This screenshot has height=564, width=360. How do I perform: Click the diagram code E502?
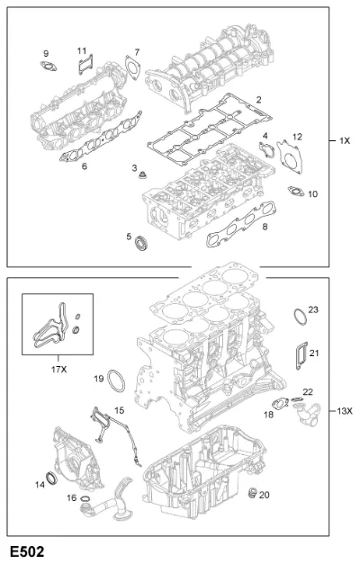(x=27, y=551)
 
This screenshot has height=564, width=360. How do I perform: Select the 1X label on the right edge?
(x=345, y=141)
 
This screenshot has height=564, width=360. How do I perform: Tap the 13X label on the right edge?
(x=345, y=410)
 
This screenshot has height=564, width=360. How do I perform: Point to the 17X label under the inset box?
(x=58, y=370)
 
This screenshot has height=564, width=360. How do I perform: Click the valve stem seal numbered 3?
(x=143, y=176)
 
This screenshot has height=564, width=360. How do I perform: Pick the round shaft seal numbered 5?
(x=140, y=243)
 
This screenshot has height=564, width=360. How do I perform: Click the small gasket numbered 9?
(x=49, y=67)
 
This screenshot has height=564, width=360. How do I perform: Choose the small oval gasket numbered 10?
(x=295, y=192)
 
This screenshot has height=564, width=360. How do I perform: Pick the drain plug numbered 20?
(x=254, y=493)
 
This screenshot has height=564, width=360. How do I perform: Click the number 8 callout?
(x=265, y=227)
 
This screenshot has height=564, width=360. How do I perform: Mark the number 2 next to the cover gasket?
(x=258, y=100)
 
